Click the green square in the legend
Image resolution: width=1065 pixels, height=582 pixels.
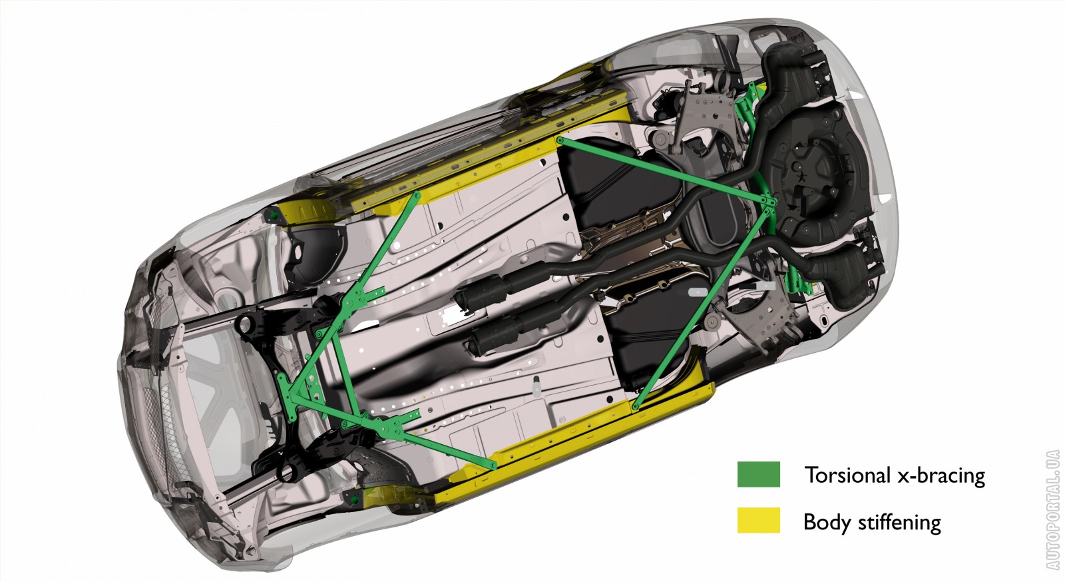[x=758, y=474]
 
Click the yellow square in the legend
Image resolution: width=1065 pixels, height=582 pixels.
[x=758, y=520]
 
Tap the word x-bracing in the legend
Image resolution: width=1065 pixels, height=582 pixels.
[x=941, y=475]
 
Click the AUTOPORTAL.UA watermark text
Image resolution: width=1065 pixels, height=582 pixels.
[x=1052, y=509]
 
